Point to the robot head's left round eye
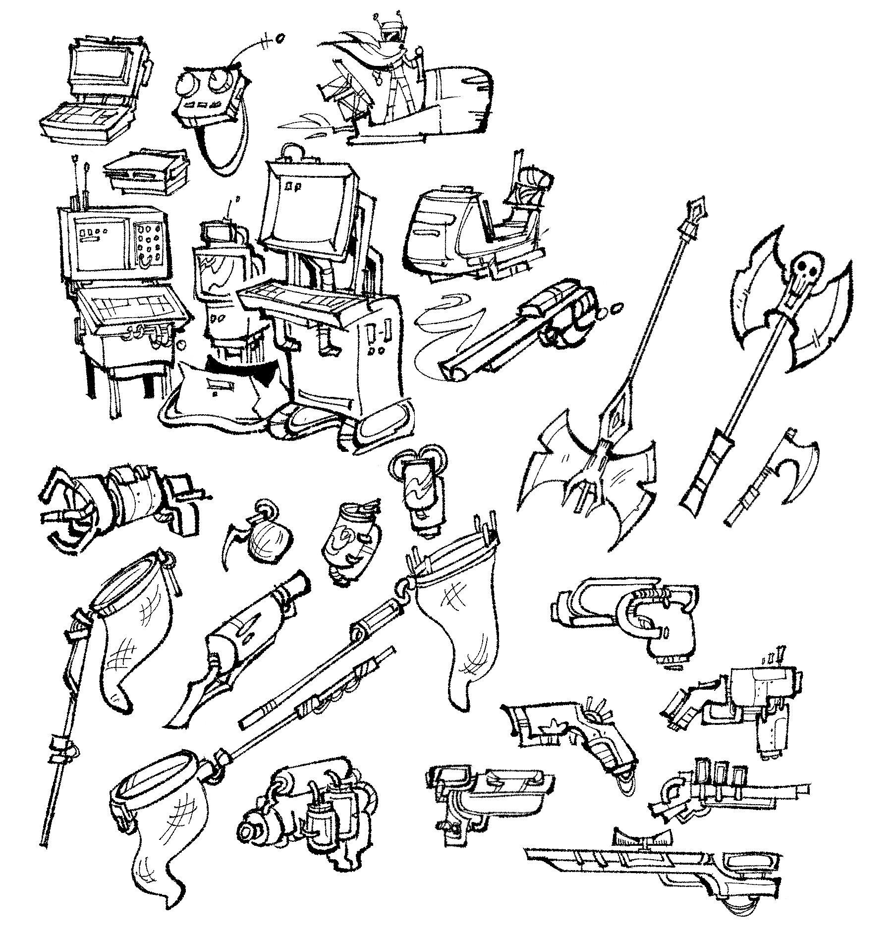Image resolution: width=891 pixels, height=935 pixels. [x=186, y=83]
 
